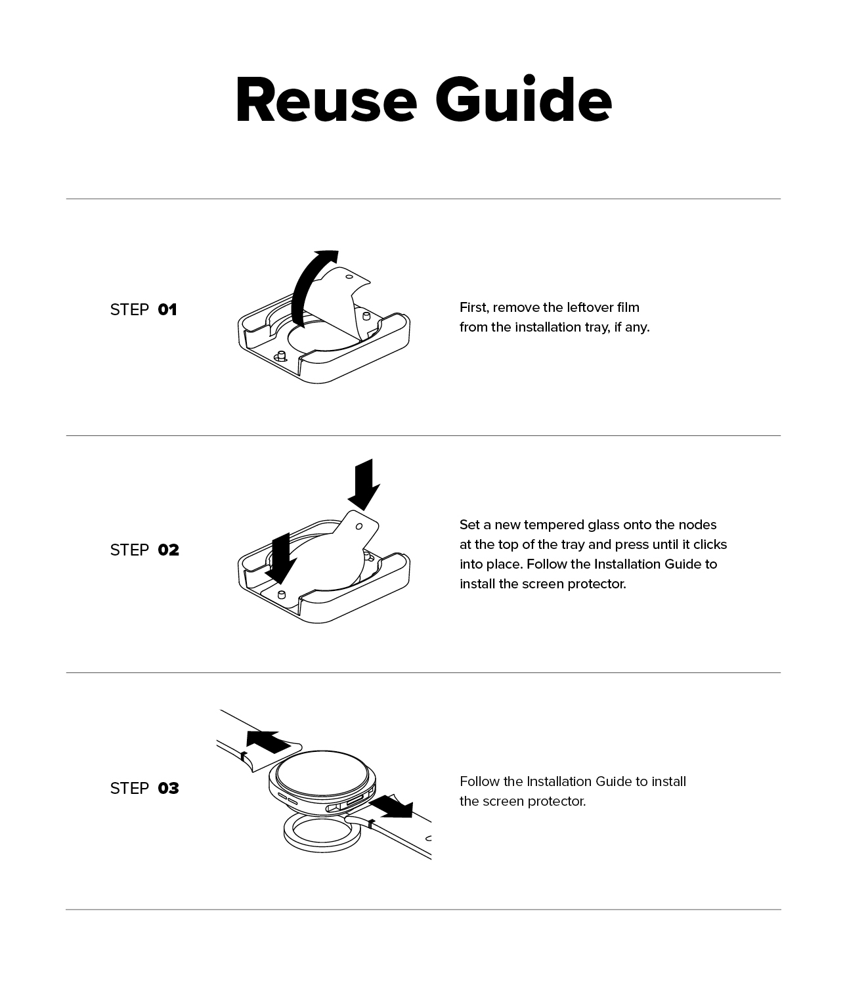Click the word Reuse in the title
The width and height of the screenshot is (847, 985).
(x=326, y=100)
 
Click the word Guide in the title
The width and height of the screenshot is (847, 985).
(x=523, y=99)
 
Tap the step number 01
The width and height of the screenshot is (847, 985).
(x=167, y=310)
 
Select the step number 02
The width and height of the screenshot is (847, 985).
(x=169, y=550)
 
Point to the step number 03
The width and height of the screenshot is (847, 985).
(x=169, y=788)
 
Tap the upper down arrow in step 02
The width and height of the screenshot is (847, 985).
(x=364, y=485)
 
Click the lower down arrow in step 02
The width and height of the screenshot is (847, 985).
(x=280, y=559)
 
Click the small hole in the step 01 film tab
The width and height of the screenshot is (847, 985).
(x=349, y=276)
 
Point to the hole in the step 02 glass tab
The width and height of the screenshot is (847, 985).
(x=359, y=527)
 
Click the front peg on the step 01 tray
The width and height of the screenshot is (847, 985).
(x=282, y=356)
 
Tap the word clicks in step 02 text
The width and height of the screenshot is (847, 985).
(x=710, y=544)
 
